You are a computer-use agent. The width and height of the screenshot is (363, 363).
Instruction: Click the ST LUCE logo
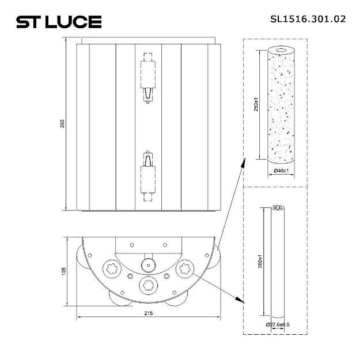pyautogui.click(x=58, y=22)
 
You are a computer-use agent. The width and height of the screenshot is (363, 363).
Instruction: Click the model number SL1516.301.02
pyautogui.click(x=308, y=18)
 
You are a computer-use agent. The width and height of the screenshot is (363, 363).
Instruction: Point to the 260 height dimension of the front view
pyautogui.click(x=63, y=124)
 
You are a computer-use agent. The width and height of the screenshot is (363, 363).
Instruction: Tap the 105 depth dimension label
pyautogui.click(x=63, y=270)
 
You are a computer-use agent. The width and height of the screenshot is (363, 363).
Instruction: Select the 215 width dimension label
pyautogui.click(x=148, y=314)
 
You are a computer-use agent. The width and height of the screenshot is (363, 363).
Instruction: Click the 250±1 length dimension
pyautogui.click(x=256, y=106)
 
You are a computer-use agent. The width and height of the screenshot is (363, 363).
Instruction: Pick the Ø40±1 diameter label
pyautogui.click(x=281, y=171)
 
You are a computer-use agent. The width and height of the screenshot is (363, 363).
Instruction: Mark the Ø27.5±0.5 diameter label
pyautogui.click(x=278, y=324)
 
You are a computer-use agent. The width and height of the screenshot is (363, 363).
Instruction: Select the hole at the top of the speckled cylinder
pyautogui.click(x=281, y=50)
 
